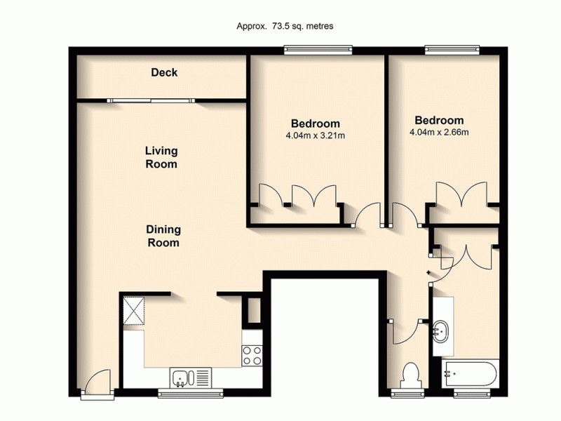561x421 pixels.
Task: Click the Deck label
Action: pos(164,73)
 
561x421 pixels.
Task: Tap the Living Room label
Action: pos(161,157)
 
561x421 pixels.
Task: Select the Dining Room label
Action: pos(163,236)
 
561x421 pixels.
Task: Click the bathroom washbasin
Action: pos(442,329)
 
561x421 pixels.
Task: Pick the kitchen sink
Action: pos(182,378)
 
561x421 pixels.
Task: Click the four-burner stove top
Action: pos(251,356)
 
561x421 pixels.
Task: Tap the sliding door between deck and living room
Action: pos(151,100)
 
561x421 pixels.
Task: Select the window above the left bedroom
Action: pos(318,49)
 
